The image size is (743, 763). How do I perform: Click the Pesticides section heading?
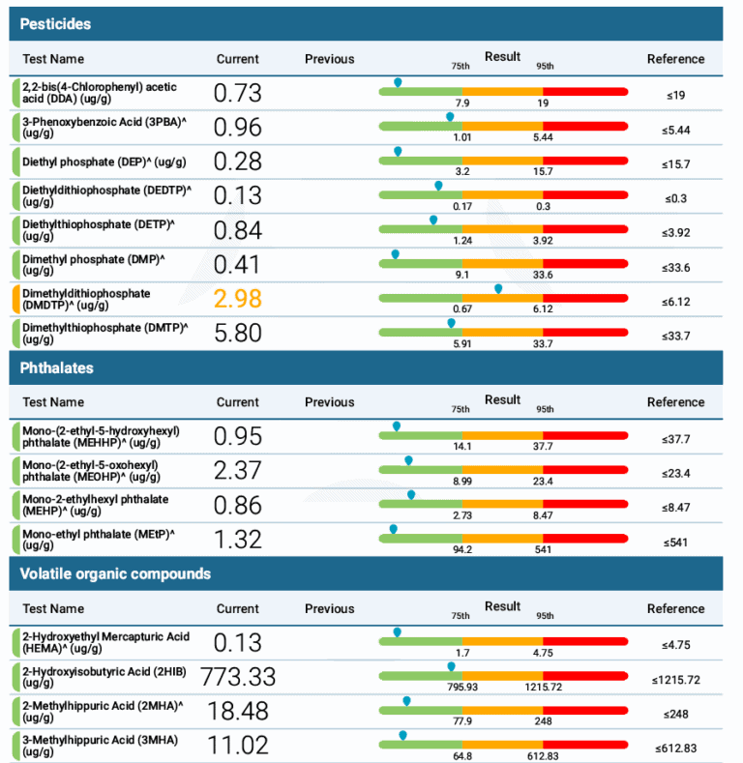click(55, 22)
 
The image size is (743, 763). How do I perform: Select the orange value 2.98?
click(238, 298)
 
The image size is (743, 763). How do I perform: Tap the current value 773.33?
click(238, 676)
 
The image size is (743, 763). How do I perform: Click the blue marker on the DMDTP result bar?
click(498, 289)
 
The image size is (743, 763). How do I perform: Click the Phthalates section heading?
click(56, 367)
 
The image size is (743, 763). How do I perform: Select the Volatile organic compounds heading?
click(115, 573)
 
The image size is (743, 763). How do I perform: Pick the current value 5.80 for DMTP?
click(238, 333)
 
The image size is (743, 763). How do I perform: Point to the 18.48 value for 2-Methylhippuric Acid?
click(238, 711)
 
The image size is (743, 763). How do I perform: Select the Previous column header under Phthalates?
click(329, 402)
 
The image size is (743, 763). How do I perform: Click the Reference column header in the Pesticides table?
click(675, 59)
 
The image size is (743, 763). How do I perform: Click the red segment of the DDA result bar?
click(586, 91)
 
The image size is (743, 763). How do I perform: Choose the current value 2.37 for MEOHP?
click(238, 470)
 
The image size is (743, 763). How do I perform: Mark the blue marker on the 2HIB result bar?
click(451, 666)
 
